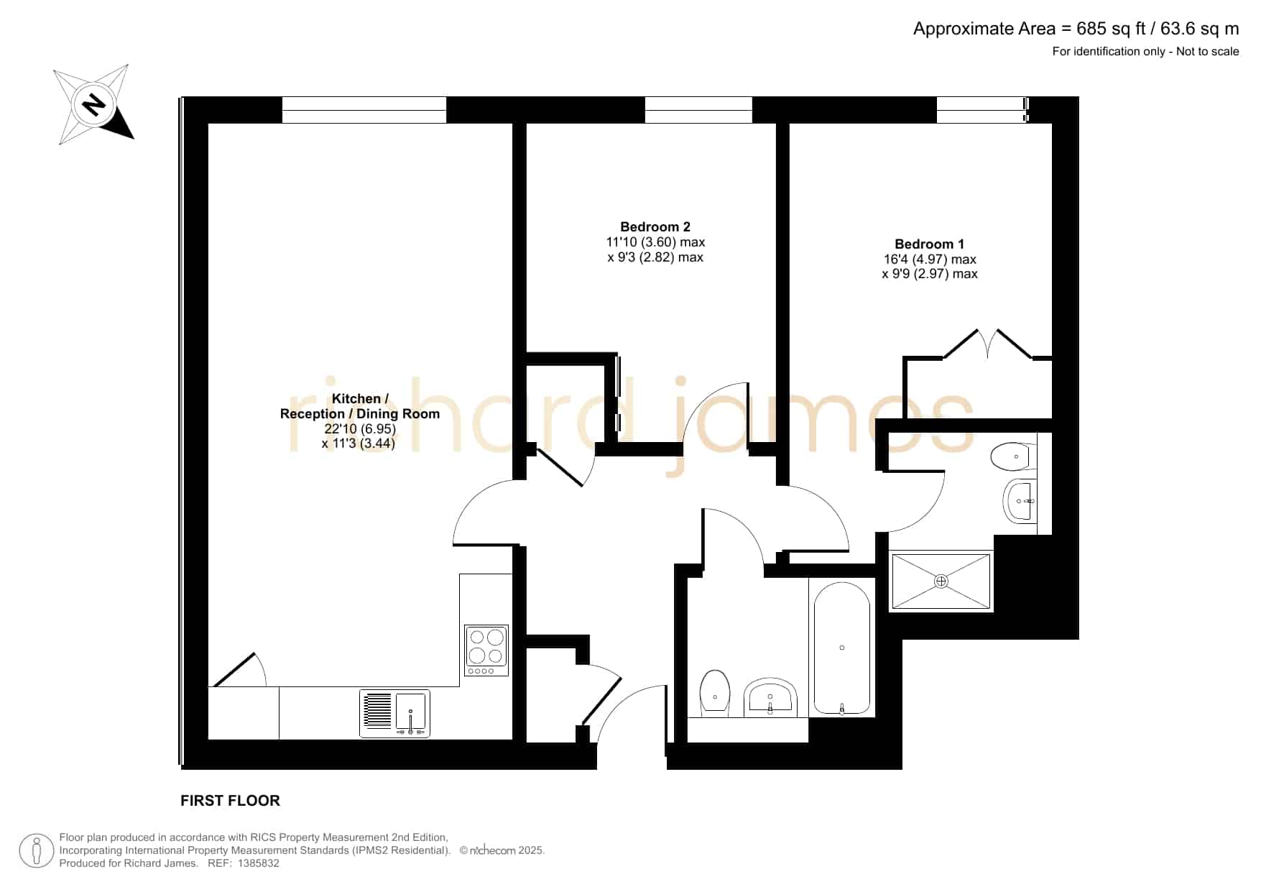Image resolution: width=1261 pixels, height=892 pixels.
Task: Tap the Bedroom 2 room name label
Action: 655,227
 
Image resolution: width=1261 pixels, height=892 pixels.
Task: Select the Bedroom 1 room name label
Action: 930,244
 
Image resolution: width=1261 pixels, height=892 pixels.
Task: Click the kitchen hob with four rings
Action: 486,650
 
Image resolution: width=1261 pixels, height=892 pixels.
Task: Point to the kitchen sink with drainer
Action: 394,713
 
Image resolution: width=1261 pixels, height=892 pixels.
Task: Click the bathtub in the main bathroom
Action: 842,649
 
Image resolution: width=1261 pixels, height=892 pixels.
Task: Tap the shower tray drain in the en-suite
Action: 941,581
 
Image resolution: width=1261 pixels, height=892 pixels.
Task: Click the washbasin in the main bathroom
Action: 770,697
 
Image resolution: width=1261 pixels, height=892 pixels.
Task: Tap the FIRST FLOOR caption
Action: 230,801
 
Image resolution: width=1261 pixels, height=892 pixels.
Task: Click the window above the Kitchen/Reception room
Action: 364,110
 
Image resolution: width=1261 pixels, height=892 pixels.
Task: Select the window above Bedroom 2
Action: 698,110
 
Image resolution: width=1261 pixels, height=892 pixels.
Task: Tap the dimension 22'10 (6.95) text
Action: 360,429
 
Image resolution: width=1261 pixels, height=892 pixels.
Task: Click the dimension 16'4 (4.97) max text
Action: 930,259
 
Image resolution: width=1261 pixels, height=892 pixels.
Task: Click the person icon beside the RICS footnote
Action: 37,851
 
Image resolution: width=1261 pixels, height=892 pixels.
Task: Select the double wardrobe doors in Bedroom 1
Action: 988,344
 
